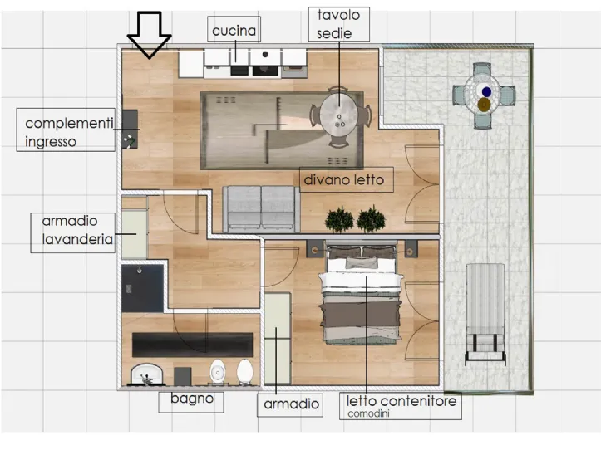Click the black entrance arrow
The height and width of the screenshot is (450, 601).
[149, 35]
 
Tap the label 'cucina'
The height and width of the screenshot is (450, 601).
[234, 30]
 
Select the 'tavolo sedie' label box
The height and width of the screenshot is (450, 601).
[339, 24]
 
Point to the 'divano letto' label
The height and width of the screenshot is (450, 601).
[344, 179]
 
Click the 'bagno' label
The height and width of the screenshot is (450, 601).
[192, 399]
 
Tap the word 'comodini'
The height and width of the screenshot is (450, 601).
[368, 414]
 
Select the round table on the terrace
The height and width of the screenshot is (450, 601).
[483, 95]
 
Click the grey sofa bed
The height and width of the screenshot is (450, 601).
[261, 208]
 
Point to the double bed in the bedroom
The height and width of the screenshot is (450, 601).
[361, 294]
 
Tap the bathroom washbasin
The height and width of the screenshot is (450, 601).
[147, 374]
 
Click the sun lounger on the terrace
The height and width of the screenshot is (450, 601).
[485, 313]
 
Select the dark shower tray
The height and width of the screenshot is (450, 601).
[143, 287]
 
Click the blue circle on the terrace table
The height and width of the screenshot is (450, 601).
[486, 91]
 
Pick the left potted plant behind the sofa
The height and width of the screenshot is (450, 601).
[339, 219]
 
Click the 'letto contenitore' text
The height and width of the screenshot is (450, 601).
[401, 401]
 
